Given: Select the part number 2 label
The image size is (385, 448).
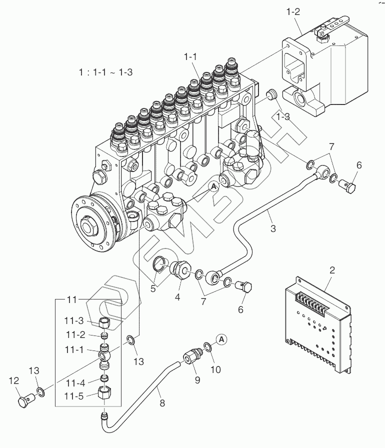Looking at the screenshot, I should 332,270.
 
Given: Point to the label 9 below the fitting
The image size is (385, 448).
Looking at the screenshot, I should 197,380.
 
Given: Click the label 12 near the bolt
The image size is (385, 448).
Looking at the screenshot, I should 13,381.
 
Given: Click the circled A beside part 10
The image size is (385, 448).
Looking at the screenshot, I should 222,339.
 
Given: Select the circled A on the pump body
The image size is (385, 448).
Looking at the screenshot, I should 213,186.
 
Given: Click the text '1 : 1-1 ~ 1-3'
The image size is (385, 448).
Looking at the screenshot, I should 105,72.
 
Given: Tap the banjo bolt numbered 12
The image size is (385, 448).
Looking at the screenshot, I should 26,400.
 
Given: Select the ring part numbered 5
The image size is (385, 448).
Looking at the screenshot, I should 159,262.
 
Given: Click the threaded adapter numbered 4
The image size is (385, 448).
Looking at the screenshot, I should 178,269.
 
